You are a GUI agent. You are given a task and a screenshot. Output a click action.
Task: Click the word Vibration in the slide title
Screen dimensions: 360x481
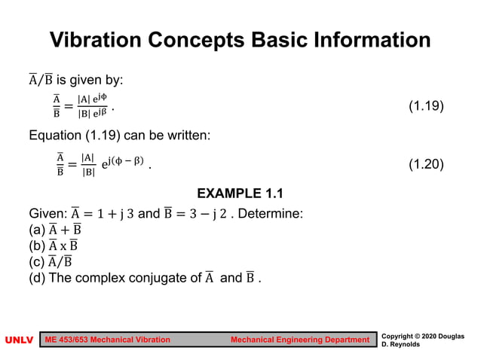coord(97,40)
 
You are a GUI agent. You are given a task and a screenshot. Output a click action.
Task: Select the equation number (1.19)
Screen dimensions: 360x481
coord(426,107)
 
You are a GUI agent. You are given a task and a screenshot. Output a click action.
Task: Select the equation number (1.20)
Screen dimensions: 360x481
coord(426,165)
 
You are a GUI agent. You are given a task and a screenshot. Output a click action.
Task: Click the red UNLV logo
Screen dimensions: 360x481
coord(20,340)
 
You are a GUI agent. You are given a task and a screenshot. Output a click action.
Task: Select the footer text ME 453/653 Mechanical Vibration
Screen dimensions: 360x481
coord(109,340)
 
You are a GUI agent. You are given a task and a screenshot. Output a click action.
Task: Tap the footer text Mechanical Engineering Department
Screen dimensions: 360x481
coord(300,340)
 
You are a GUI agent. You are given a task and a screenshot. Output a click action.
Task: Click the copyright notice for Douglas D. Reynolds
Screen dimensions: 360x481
coord(423,340)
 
